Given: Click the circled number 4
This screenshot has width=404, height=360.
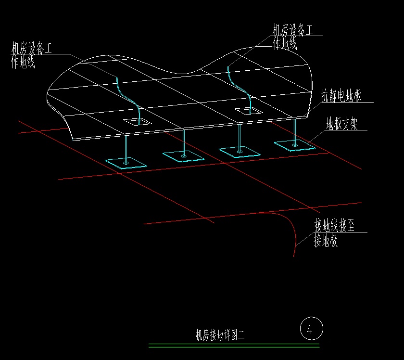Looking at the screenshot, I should click(x=311, y=330).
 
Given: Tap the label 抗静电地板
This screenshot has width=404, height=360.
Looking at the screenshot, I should click(x=341, y=96).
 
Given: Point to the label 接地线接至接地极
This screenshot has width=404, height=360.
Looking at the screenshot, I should click(x=334, y=233).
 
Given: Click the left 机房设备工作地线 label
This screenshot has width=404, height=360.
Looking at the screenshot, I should click(x=31, y=55).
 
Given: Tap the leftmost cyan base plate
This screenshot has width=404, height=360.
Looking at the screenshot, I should click(x=126, y=163).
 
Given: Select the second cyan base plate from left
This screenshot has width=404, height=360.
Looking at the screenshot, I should click(x=184, y=155).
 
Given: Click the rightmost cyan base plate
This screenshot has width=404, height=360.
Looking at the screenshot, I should click(x=295, y=145).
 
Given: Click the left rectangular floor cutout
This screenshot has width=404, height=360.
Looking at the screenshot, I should click(x=137, y=122).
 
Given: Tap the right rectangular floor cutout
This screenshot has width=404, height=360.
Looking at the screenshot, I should click(x=249, y=111).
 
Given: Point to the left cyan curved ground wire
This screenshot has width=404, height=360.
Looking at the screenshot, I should click(x=127, y=96).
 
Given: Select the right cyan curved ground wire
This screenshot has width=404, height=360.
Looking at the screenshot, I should click(x=239, y=87).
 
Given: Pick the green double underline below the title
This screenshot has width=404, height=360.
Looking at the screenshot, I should click(x=234, y=345).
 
